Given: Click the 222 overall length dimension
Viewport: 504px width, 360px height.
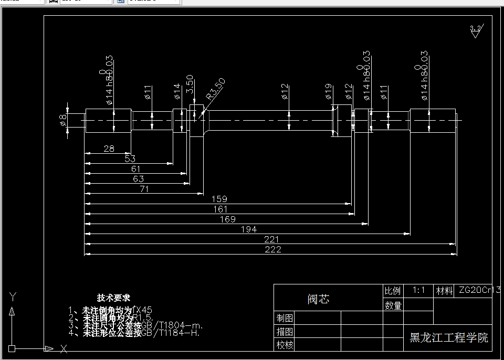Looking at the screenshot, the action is click(273, 250).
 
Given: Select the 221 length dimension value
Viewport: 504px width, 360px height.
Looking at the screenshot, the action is click(271, 239).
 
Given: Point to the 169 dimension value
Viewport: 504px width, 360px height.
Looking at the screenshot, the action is click(227, 219).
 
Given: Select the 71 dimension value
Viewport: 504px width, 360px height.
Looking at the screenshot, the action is click(144, 189).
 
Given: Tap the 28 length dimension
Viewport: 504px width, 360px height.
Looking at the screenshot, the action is click(109, 149).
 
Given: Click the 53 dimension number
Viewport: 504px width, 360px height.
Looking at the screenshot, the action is click(130, 158).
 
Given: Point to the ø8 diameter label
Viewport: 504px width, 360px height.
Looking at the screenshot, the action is click(63, 120).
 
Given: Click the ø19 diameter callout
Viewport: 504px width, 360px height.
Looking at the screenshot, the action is click(328, 92).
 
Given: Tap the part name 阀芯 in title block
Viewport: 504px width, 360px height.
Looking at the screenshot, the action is click(319, 299).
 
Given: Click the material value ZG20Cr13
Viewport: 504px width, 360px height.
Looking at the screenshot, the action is click(479, 290).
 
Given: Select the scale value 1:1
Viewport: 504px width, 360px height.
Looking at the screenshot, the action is click(418, 290).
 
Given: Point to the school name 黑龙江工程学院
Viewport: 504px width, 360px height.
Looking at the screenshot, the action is click(449, 337).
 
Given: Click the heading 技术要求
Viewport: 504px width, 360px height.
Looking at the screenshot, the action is click(113, 298).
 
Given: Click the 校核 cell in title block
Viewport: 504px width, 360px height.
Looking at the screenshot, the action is click(285, 345).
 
